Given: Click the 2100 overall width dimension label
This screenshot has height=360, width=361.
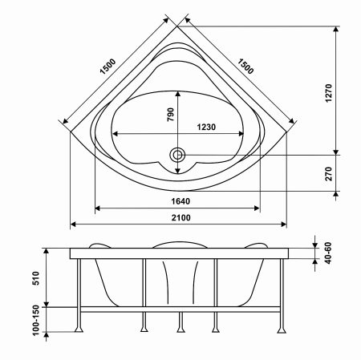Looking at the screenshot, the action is [181, 218].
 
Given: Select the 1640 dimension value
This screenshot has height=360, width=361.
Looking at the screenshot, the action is [180, 201].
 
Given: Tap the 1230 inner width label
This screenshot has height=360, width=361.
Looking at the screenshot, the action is [206, 127].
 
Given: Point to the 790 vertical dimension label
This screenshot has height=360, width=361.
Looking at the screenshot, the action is [171, 115].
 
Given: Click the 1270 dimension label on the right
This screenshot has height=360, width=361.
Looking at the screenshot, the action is [329, 93].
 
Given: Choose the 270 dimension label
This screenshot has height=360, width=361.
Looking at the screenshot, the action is [329, 174].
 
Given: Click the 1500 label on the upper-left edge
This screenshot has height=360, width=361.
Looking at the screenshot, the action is [107, 67].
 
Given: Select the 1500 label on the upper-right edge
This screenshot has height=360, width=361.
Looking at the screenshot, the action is [245, 67].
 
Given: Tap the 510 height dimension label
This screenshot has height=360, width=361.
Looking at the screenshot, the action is [35, 278].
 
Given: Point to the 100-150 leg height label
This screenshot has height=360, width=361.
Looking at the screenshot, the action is [35, 321].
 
